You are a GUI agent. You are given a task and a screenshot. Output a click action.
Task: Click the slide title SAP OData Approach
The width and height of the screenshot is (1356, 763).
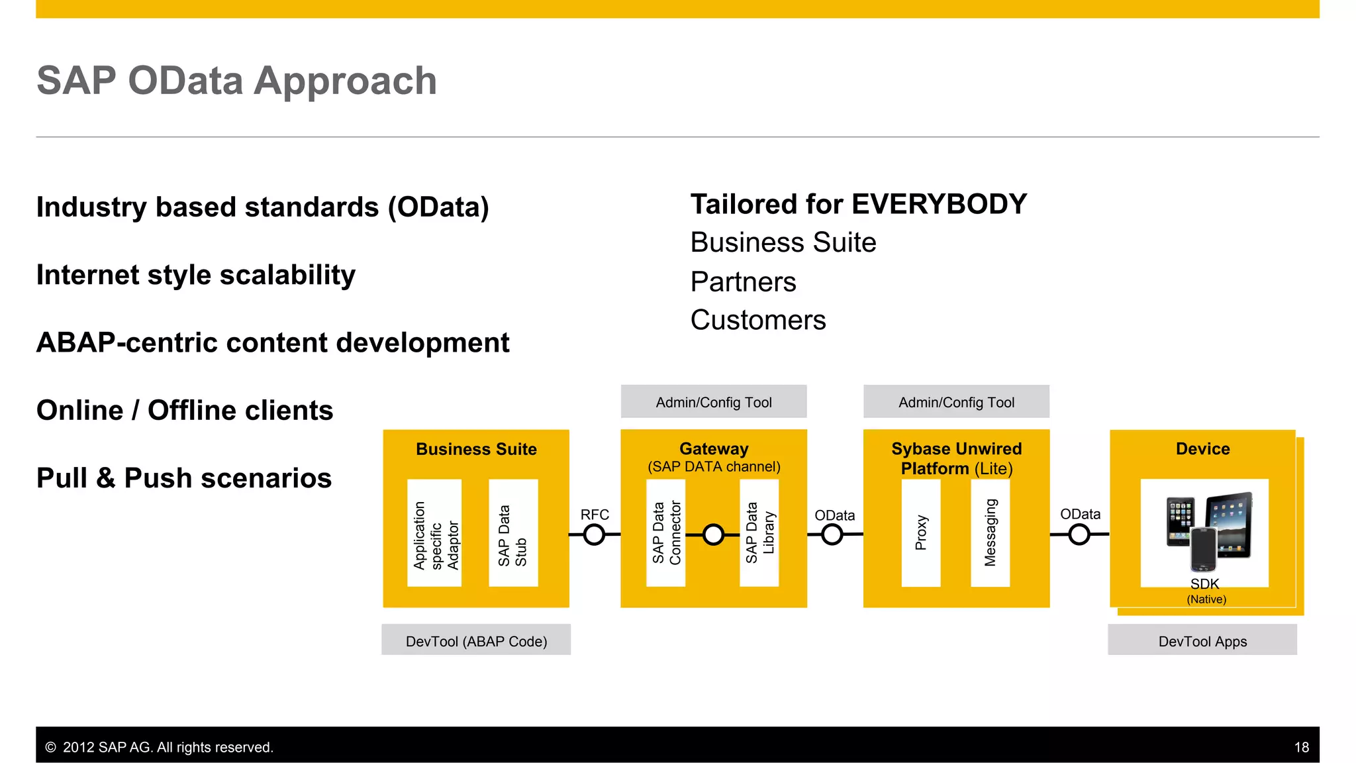(236, 81)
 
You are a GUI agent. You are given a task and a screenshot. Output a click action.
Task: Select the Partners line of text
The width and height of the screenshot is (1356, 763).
(743, 282)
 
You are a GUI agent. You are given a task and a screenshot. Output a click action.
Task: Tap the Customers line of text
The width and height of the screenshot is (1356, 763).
(758, 321)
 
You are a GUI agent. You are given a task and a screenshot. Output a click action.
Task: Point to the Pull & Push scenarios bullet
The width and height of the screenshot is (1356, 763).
(184, 478)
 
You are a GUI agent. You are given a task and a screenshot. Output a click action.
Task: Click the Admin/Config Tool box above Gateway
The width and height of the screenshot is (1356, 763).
(714, 402)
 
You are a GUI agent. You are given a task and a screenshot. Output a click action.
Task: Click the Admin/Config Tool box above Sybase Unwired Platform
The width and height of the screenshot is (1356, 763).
(956, 402)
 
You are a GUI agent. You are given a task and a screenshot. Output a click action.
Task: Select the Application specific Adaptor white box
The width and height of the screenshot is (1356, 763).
(434, 533)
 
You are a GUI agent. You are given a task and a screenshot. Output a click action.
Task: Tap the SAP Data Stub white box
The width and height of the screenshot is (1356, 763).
(513, 533)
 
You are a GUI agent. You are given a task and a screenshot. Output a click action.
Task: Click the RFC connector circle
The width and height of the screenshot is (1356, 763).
(595, 534)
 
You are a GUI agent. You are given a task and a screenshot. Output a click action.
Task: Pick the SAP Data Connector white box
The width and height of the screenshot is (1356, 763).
(666, 533)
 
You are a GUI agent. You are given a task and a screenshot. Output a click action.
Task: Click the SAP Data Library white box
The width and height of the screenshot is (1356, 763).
(759, 533)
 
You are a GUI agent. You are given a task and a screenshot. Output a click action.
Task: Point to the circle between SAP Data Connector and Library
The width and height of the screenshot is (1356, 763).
(713, 534)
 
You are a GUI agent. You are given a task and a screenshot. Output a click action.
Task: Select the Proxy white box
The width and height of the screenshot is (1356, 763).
(921, 533)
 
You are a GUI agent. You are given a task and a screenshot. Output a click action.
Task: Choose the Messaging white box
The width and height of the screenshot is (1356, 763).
(991, 533)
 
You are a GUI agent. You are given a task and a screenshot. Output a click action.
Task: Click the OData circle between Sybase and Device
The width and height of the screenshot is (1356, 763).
(1079, 534)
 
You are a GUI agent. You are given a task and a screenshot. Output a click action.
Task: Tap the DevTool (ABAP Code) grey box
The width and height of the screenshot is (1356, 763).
(476, 640)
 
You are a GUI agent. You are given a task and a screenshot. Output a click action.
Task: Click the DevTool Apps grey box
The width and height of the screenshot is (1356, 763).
(1202, 640)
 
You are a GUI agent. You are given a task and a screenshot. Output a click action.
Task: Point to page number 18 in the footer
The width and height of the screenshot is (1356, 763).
(1301, 747)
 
